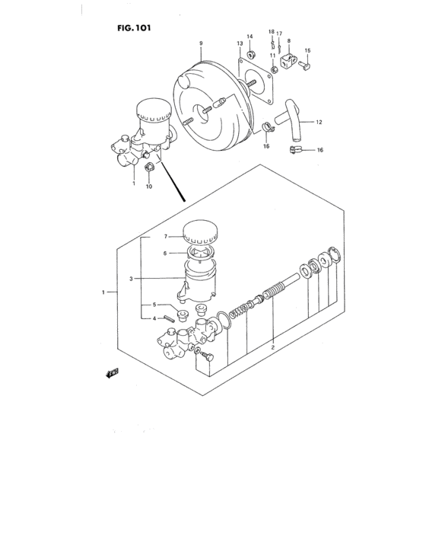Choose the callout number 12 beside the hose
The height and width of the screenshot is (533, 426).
point(319,122)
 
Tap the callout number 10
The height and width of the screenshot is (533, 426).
point(150,186)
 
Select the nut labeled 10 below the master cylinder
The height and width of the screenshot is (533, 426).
point(150,167)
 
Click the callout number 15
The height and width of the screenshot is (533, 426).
point(307,51)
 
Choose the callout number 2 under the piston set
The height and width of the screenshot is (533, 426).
point(272,346)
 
